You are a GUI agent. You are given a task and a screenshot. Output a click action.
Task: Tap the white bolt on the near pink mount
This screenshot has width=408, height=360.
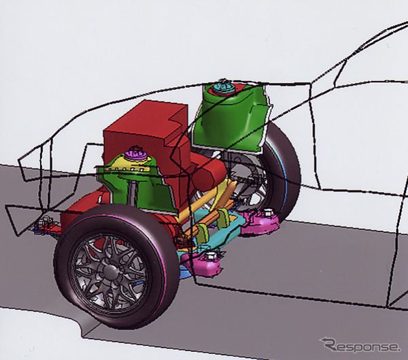click(x=210, y=257)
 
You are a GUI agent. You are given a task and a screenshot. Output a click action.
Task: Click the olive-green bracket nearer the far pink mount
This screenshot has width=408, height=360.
click(x=223, y=218)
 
